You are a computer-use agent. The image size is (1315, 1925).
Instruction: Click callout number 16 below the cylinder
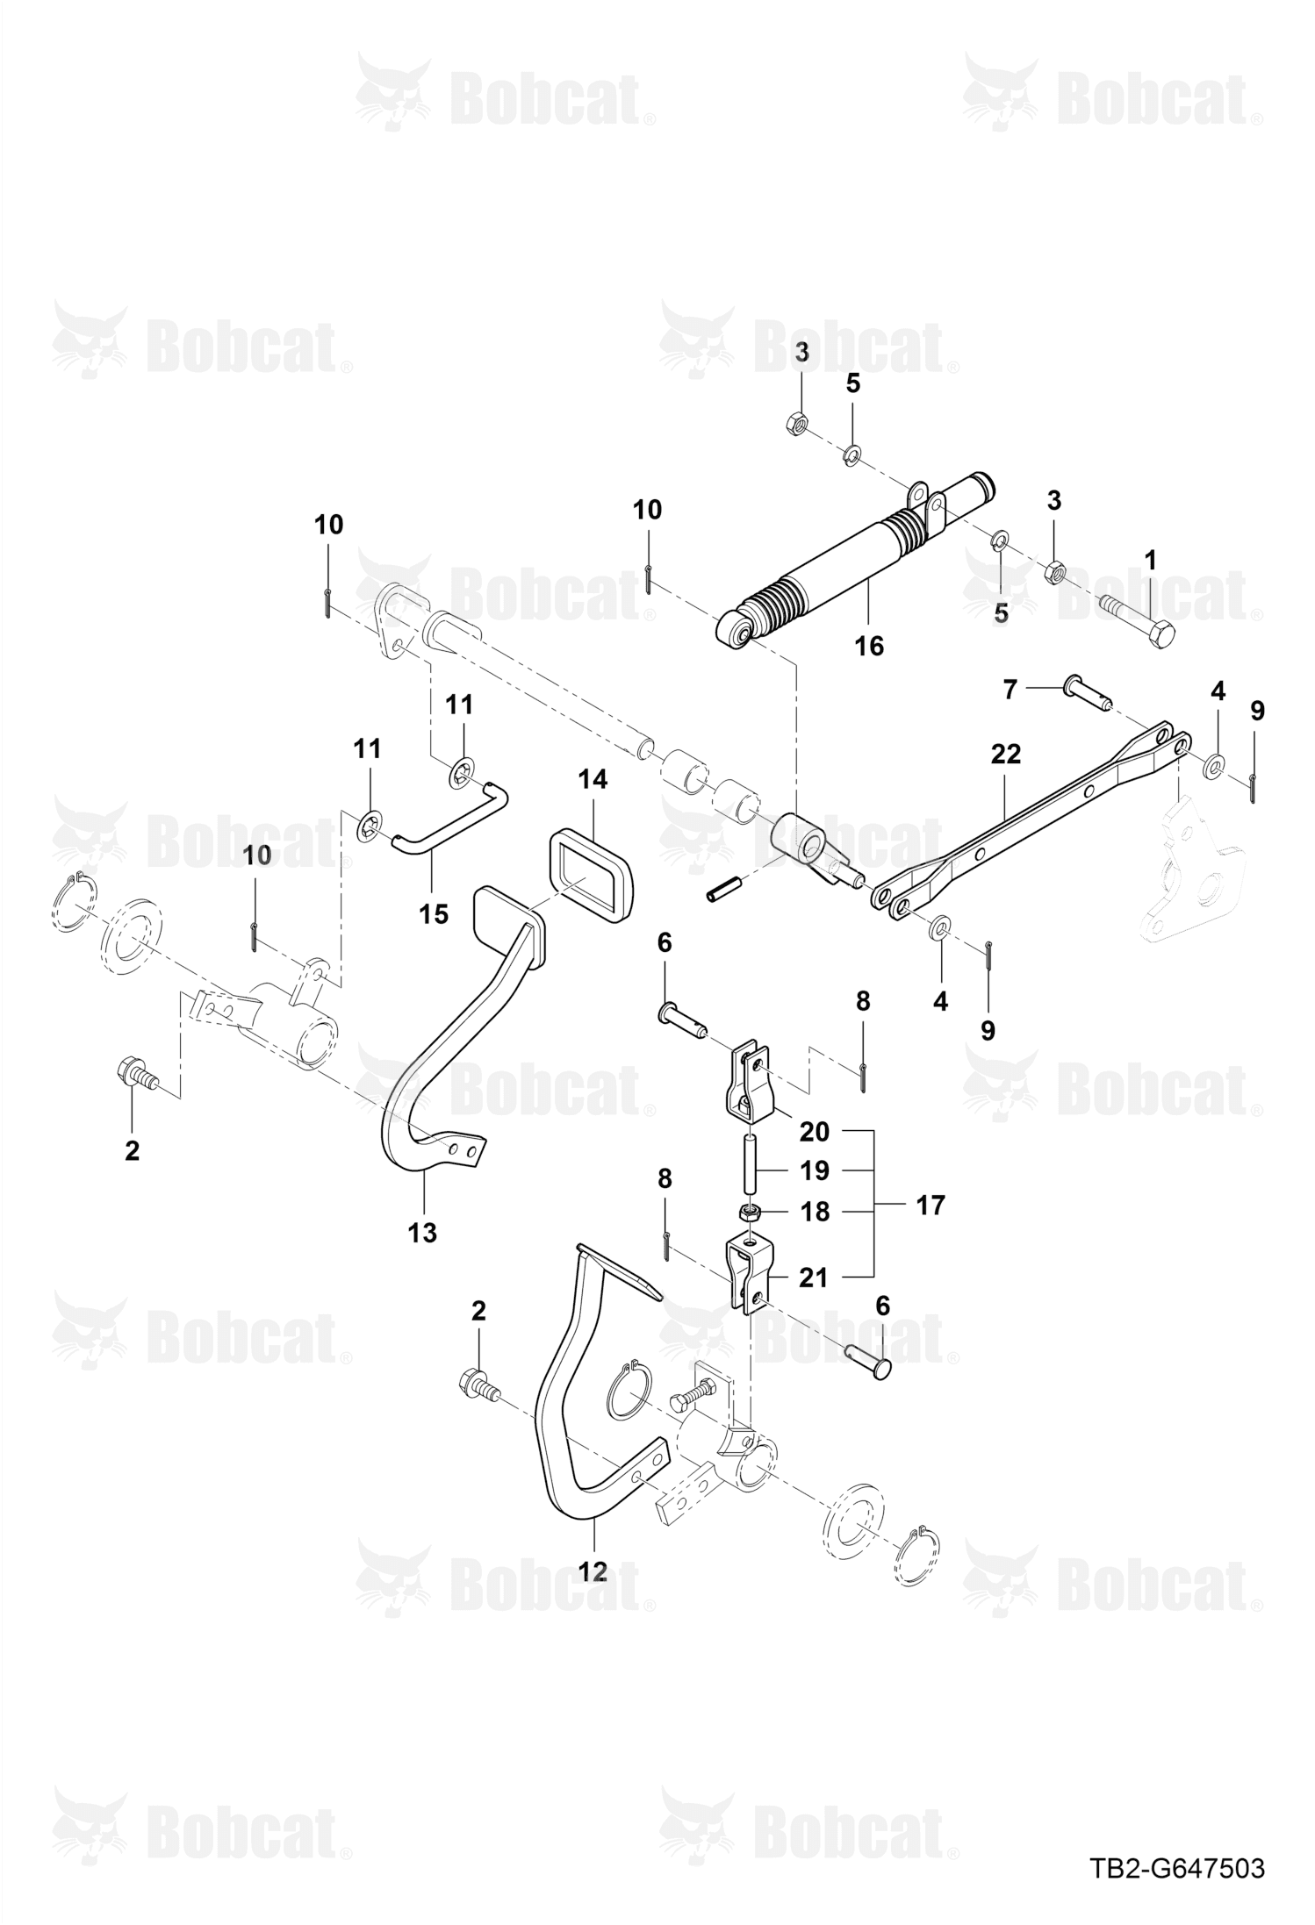click(869, 647)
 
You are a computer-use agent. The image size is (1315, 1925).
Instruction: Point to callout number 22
click(1005, 754)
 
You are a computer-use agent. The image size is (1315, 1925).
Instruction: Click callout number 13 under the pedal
click(422, 1233)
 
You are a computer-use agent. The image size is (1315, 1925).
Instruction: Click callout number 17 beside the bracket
click(931, 1205)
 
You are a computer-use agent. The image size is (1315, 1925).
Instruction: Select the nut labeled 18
click(749, 1213)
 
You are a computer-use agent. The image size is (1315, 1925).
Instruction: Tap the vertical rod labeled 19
click(750, 1162)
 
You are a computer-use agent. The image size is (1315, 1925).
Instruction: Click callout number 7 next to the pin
click(1010, 690)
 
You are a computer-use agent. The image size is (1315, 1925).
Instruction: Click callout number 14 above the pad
click(593, 779)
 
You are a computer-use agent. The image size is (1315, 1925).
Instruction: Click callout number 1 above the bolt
click(1150, 559)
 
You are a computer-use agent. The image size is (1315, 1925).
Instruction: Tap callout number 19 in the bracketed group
click(815, 1170)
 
